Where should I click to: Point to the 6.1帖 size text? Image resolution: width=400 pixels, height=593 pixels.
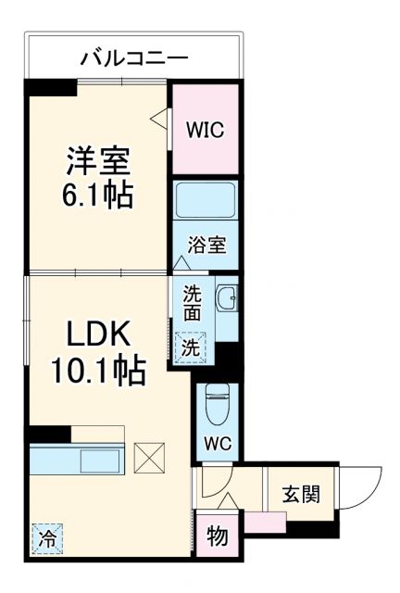click(98, 196)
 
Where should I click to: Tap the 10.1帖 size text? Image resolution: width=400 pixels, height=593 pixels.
click(95, 371)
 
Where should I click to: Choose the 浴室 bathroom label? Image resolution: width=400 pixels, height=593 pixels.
click(205, 246)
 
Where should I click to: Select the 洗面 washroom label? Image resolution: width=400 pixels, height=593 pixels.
click(192, 304)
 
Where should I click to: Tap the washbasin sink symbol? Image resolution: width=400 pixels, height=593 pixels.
click(226, 299)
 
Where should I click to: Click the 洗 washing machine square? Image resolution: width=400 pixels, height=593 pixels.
click(189, 347)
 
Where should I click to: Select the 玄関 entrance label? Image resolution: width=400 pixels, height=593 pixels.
click(302, 494)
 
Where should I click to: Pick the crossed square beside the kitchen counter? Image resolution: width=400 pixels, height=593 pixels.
click(148, 458)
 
